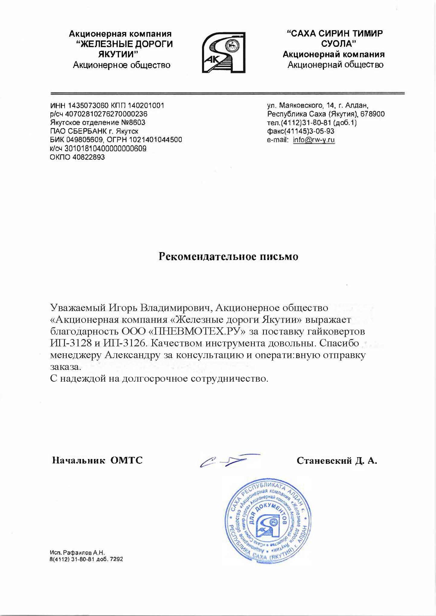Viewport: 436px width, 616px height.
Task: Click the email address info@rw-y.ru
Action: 314,140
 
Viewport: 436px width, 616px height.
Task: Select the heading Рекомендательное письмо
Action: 229,256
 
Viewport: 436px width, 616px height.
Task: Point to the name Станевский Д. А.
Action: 337,460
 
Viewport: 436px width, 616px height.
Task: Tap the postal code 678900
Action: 373,114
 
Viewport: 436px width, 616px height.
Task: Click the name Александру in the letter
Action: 132,355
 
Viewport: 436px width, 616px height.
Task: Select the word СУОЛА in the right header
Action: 338,44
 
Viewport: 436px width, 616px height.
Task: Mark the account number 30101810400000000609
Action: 106,149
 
